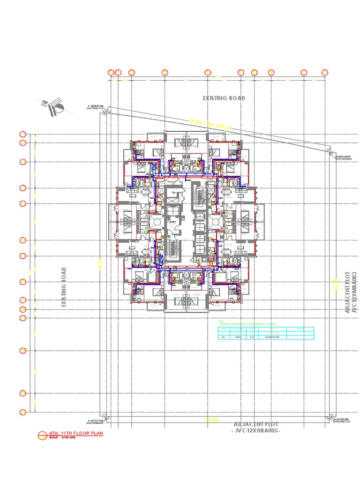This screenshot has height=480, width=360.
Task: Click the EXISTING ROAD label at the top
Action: (224, 98)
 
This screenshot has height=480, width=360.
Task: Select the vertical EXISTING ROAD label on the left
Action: (64, 287)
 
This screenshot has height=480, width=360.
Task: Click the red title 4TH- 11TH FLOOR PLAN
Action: (75, 434)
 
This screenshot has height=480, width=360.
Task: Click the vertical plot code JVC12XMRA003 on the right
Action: (354, 292)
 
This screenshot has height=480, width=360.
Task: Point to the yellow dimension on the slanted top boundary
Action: (210, 124)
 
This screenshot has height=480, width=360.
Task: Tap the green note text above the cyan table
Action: (246, 323)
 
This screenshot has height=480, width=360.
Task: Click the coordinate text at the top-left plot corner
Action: (95, 107)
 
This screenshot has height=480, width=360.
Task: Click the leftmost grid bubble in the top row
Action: (111, 72)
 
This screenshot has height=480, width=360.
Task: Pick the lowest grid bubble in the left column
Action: (22, 412)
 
